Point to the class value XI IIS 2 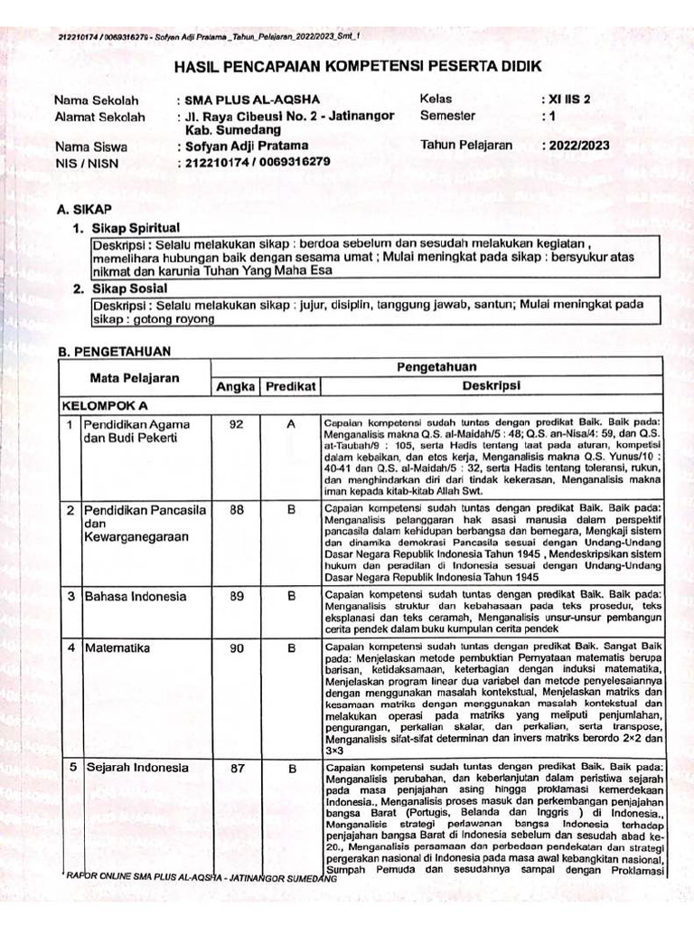(566, 99)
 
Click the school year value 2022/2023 (576, 145)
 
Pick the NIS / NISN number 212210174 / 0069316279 (256, 162)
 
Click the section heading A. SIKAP (84, 209)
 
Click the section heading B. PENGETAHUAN (113, 350)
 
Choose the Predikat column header (290, 386)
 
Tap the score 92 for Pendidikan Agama (236, 424)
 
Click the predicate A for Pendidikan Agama (291, 424)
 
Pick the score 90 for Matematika (236, 647)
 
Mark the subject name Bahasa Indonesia (136, 596)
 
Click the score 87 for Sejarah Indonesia (236, 769)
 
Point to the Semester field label (446, 116)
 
